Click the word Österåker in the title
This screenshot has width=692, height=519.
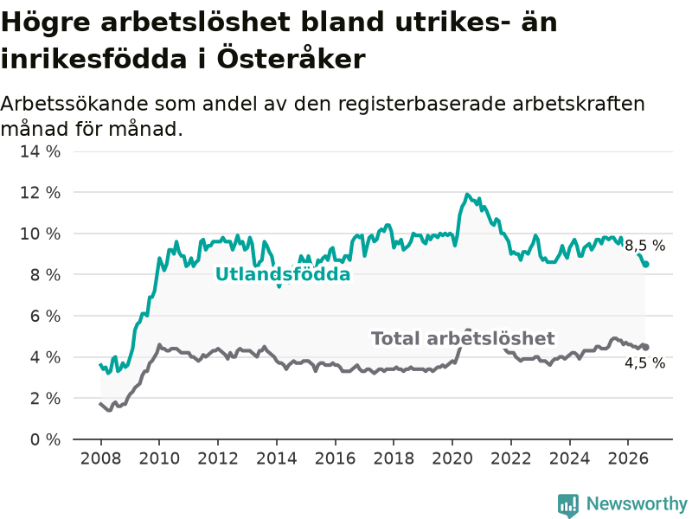coord(291,58)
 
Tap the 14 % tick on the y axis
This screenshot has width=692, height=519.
coord(40,152)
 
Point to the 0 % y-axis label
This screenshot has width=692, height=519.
coord(45,439)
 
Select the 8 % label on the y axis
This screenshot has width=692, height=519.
coord(45,275)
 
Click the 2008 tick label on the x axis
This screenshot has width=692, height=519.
coord(100,458)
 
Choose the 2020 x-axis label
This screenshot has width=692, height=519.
coord(452,458)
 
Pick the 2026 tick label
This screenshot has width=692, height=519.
coord(628,458)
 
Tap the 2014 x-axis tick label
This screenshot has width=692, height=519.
coord(276,458)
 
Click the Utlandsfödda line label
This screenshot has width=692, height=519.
coord(283,274)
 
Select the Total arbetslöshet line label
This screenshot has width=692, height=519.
coord(463,338)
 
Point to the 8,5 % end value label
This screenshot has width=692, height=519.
coord(644,246)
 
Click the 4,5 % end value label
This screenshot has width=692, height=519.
coord(644,362)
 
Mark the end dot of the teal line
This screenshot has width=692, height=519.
coord(646,264)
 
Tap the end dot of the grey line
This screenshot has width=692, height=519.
coord(646,348)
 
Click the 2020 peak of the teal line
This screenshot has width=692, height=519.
coord(467,194)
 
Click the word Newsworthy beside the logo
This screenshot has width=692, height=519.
coord(637,503)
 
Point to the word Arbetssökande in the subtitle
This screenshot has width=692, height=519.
coord(74,104)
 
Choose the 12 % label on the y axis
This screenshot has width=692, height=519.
coord(40,193)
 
